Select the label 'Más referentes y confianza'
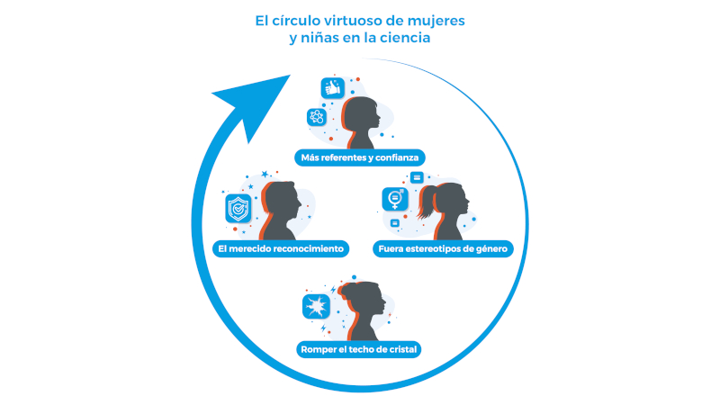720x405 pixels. coord(360,157)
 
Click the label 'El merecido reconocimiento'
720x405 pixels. coord(281,248)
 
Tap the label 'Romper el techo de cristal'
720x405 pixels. coord(360,349)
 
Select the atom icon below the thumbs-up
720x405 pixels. coord(317,116)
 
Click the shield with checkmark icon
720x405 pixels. coord(238,209)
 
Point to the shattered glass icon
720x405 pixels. coord(315,307)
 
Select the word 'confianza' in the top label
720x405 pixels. coord(397,157)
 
